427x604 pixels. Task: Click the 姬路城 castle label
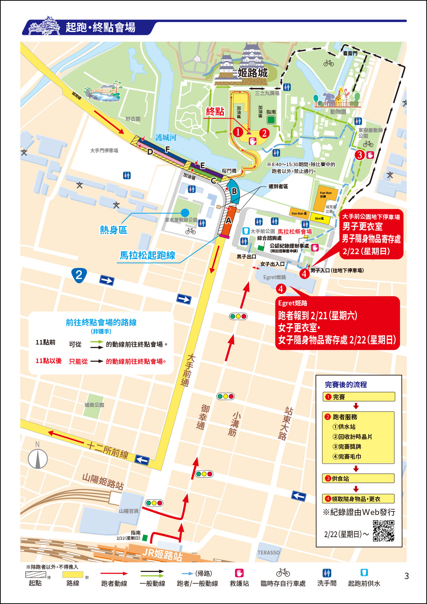point(253,73)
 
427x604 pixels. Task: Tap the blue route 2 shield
point(79,275)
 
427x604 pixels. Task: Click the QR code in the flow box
point(384,531)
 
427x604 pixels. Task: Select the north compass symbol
point(38,458)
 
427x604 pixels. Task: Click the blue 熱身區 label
point(114,230)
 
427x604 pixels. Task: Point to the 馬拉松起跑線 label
point(147,256)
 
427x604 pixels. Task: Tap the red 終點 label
point(215,112)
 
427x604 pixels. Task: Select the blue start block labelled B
point(233,191)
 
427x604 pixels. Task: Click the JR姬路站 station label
point(162,554)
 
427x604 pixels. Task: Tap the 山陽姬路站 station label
point(103,481)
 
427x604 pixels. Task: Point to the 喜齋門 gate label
point(350,53)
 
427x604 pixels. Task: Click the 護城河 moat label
point(166,137)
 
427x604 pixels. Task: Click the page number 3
point(407,576)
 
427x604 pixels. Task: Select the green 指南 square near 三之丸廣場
point(271,120)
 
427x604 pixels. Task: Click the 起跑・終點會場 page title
point(100,27)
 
